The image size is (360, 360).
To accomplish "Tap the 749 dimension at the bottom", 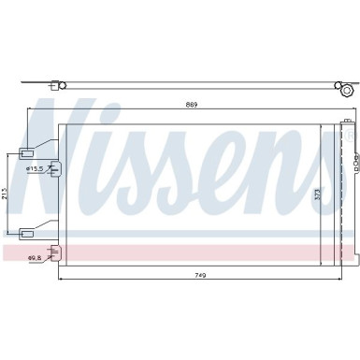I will pyautogui.click(x=199, y=248).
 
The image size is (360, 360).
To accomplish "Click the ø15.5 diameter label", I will pyautogui.click(x=36, y=168).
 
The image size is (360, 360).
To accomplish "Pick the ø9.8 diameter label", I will pyautogui.click(x=33, y=230).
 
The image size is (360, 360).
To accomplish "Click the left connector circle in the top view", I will pyautogui.click(x=62, y=85).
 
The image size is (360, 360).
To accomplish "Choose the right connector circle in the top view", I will pyautogui.click(x=346, y=90).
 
